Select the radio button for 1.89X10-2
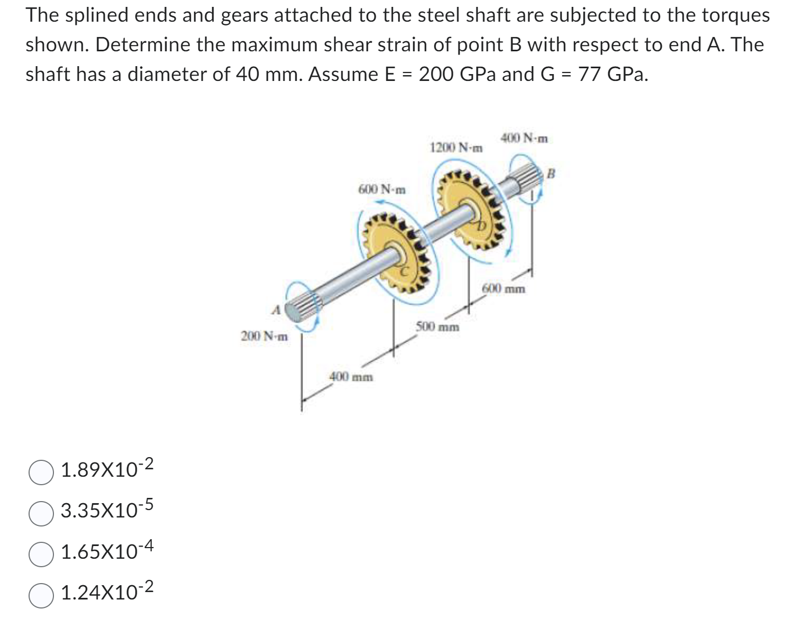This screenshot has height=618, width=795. pyautogui.click(x=41, y=473)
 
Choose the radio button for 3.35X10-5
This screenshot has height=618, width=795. pyautogui.click(x=41, y=514)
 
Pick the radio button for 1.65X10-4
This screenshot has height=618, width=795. pyautogui.click(x=41, y=555)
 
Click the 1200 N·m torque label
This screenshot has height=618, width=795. pyautogui.click(x=456, y=148)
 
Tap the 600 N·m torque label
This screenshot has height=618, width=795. pyautogui.click(x=382, y=189)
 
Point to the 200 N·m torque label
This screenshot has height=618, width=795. pyautogui.click(x=264, y=336)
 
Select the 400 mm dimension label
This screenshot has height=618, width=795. pyautogui.click(x=351, y=377)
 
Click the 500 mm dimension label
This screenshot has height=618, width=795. pyautogui.click(x=437, y=326)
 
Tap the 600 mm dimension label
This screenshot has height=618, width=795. pyautogui.click(x=504, y=289)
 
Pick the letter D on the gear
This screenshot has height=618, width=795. pyautogui.click(x=481, y=226)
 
